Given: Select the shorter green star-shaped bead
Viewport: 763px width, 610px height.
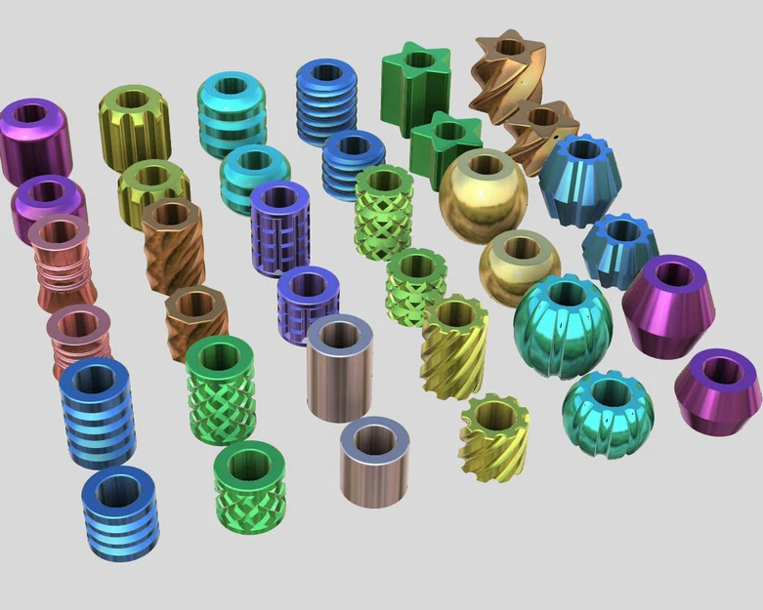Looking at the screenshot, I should point(445,146).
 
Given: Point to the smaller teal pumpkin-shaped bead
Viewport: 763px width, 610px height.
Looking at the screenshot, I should point(608,413).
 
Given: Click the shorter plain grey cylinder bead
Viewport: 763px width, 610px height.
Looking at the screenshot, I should point(374,461).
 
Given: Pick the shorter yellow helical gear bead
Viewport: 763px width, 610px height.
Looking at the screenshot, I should point(494,436).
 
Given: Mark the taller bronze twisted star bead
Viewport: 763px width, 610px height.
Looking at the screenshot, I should point(507,73).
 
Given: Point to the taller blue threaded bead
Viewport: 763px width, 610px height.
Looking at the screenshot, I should point(326,101).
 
